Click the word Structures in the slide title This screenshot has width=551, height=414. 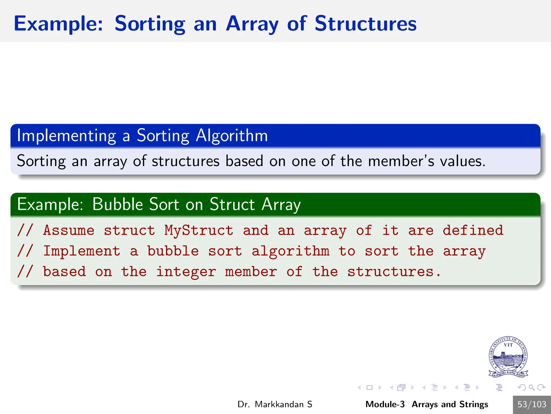pyautogui.click(x=365, y=24)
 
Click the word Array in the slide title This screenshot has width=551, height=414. pyautogui.click(x=252, y=24)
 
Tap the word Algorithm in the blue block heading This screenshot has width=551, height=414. pyautogui.click(x=232, y=136)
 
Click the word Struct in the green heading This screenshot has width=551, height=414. pyautogui.click(x=232, y=204)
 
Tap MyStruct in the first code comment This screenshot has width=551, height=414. pyautogui.click(x=199, y=230)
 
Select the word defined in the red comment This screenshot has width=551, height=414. pyautogui.click(x=473, y=230)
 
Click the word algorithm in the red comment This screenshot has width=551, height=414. pyautogui.click(x=290, y=251)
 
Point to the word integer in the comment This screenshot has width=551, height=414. pyautogui.click(x=186, y=272)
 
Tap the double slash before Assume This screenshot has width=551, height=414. pyautogui.click(x=25, y=230)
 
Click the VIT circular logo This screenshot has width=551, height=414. pyautogui.click(x=508, y=357)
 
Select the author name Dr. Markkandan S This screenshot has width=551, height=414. pyautogui.click(x=275, y=404)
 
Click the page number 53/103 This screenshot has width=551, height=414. pyautogui.click(x=532, y=404)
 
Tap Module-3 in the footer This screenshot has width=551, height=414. pyautogui.click(x=385, y=404)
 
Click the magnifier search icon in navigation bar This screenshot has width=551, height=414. pyautogui.click(x=531, y=388)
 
